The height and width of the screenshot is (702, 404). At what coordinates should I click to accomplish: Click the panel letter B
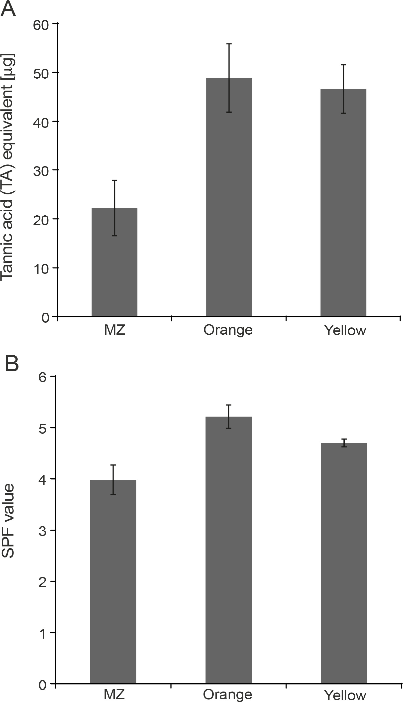12,364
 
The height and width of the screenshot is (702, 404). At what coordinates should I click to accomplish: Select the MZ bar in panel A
114,262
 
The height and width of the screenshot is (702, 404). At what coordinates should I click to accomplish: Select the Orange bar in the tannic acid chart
229,197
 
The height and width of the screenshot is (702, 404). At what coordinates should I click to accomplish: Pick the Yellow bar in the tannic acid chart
343,203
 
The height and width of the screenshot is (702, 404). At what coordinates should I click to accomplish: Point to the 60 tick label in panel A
41,25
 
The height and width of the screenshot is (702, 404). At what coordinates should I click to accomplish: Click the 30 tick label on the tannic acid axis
41,171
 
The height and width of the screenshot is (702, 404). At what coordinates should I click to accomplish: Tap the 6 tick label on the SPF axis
42,378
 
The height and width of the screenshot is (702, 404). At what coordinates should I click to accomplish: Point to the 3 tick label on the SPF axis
42,531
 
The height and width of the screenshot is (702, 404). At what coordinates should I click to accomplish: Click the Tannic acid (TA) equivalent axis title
7,168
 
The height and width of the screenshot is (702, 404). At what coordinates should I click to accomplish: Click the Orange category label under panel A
228,330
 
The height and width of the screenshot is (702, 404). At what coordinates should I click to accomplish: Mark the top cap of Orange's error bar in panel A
229,44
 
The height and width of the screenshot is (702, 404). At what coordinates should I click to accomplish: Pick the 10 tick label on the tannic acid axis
41,269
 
